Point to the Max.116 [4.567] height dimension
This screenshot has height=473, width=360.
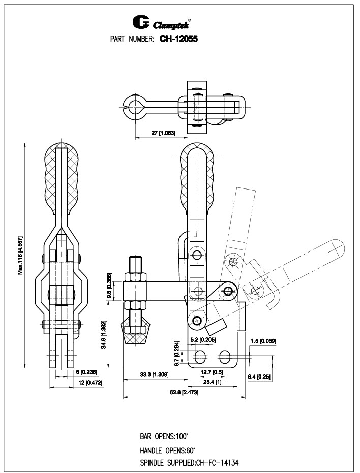pyautogui.click(x=21, y=255)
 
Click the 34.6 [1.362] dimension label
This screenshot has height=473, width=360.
pyautogui.click(x=103, y=334)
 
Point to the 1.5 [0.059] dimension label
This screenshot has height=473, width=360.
pyautogui.click(x=263, y=341)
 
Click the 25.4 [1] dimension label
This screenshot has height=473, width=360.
pyautogui.click(x=212, y=381)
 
